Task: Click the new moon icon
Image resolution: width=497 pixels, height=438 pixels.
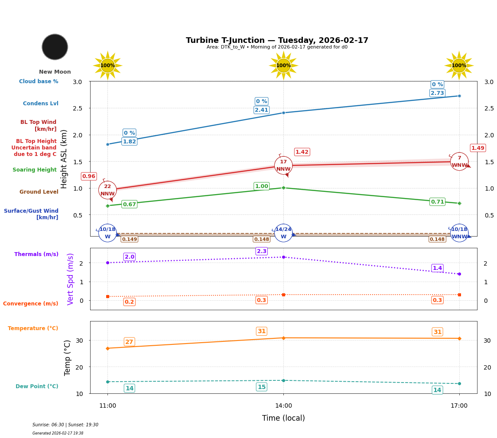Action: coord(55,47)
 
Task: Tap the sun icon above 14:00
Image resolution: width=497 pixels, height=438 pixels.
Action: coord(283,65)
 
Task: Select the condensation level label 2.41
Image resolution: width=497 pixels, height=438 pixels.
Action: coord(261,110)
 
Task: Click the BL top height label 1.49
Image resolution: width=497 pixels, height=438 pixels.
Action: coord(478,148)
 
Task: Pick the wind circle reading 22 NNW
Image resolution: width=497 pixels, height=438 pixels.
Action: coord(107,190)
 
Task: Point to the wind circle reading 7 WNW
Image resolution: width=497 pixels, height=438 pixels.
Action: coord(459,161)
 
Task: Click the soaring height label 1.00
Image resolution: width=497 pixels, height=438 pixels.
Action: coord(261,186)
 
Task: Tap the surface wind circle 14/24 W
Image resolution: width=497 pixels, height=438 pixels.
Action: coord(283,233)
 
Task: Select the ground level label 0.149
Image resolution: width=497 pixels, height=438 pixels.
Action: coord(129,239)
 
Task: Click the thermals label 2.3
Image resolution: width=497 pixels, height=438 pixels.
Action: coord(261,251)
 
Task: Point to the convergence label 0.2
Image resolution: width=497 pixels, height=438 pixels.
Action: coord(129,302)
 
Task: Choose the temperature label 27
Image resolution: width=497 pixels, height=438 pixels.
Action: coord(129,342)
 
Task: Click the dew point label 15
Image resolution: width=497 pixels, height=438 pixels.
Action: coord(261,387)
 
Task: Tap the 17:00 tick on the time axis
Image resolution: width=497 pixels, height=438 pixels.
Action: coord(459,406)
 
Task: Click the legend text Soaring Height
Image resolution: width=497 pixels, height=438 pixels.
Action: coord(35,170)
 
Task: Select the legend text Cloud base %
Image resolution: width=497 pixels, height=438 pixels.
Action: coord(39,81)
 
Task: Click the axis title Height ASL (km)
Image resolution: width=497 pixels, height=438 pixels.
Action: coord(64,159)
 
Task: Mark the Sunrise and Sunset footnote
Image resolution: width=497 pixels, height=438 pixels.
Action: coord(65,425)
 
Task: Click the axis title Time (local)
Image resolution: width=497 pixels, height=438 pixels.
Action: coord(283,418)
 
